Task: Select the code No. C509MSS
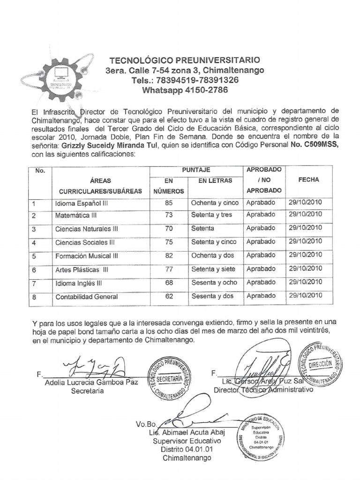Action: click(314, 145)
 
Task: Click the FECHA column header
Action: click(308, 180)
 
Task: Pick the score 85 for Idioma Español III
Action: click(169, 203)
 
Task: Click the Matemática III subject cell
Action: click(76, 216)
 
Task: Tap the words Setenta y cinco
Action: click(214, 242)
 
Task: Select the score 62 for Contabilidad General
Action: click(169, 296)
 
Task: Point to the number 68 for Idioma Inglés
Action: click(169, 283)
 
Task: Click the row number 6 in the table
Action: click(34, 270)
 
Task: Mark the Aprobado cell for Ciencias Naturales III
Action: click(261, 229)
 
